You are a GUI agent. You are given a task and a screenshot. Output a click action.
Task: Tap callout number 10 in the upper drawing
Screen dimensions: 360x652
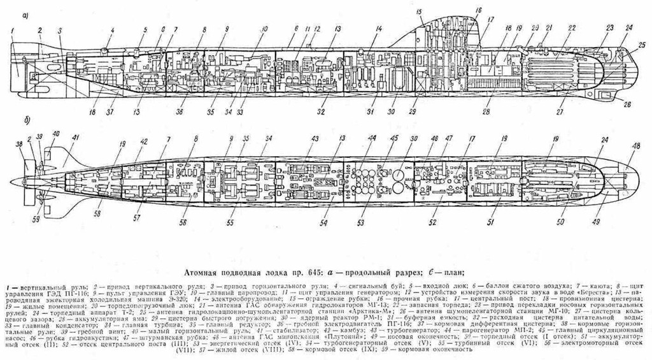pyautogui.click(x=265, y=29)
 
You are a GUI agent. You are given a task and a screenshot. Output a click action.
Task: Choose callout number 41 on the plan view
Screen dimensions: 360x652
pyautogui.click(x=76, y=138)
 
